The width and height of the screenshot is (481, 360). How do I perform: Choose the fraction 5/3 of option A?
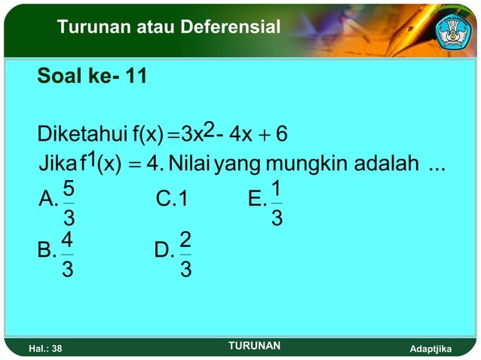(68, 203)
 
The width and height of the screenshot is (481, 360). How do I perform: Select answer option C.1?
(171, 199)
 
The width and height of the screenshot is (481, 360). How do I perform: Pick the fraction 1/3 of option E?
(277, 203)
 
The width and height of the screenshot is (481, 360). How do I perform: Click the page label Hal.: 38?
(44, 349)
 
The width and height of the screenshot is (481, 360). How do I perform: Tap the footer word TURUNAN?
(254, 346)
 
